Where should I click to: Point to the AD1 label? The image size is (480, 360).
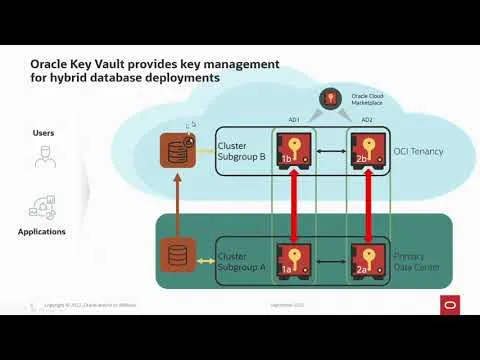(x=294, y=120)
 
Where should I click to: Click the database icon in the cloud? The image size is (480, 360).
(x=176, y=151)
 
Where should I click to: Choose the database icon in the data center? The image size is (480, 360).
(x=176, y=254)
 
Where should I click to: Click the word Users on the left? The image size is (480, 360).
(x=43, y=132)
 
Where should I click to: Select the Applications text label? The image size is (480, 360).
(x=42, y=232)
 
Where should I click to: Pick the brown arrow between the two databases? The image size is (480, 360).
(x=176, y=204)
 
